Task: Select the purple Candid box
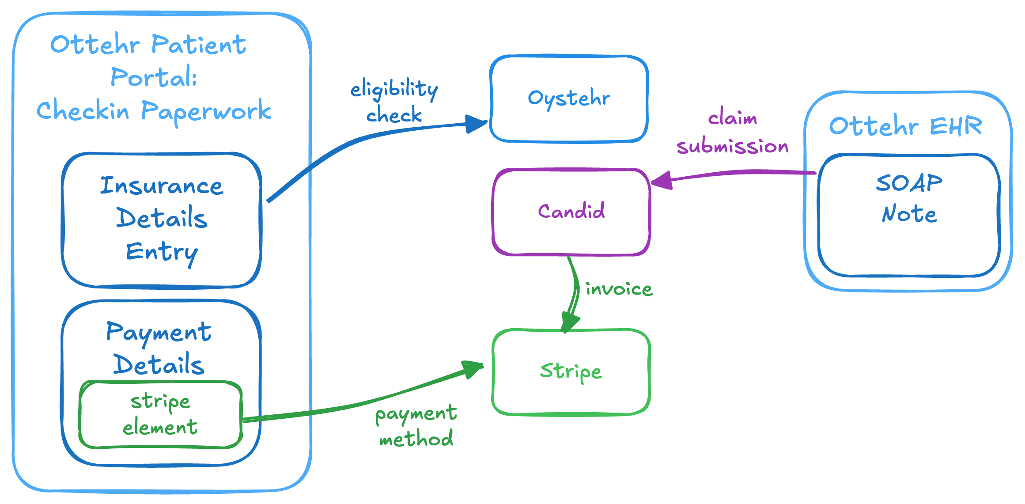coord(571,212)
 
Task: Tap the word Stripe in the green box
coord(571,371)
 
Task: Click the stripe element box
coord(160,415)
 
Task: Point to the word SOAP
coord(909,183)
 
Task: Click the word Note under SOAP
coord(909,214)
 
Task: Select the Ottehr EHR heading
coord(905,126)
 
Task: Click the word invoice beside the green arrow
coord(619,289)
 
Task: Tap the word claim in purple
coord(733,118)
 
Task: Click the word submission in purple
coord(733,146)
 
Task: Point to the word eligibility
coord(394,90)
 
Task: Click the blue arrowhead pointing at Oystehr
coord(477,124)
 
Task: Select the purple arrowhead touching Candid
coord(662,180)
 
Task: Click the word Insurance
coord(162,186)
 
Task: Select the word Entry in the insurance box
coord(162,252)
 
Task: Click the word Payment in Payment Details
coord(159,333)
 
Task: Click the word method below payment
coord(416,439)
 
